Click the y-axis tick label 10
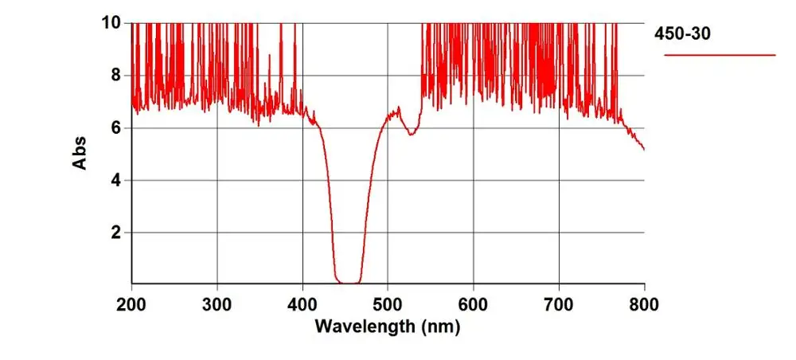(109, 23)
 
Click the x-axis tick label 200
(131, 303)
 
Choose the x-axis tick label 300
(217, 303)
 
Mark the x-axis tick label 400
(302, 303)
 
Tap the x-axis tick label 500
(388, 303)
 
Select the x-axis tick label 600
(474, 303)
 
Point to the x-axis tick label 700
(559, 303)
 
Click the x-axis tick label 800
(643, 303)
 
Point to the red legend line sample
(720, 55)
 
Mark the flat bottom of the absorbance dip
(349, 282)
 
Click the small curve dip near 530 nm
(411, 133)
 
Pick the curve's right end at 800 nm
(643, 148)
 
